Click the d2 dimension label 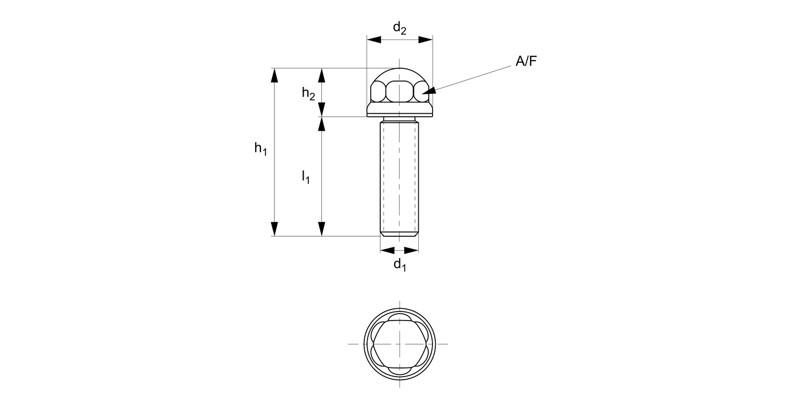pos(399,29)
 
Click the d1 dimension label pos(399,265)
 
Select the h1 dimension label pos(260,149)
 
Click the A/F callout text pos(526,62)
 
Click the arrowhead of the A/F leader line pos(428,91)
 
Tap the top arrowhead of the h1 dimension pos(274,75)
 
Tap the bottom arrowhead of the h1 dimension pos(274,229)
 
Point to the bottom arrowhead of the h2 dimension pos(321,109)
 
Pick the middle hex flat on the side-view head pos(399,92)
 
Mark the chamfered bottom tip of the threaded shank pos(399,234)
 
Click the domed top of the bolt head pos(399,73)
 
